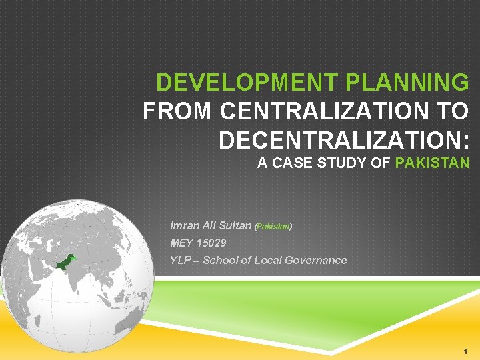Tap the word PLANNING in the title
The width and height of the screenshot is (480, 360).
[x=407, y=83]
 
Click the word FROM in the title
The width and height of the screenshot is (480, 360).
[x=178, y=111]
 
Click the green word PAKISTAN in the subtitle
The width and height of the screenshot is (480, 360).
[x=432, y=163]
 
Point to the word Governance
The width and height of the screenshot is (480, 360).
[x=315, y=260]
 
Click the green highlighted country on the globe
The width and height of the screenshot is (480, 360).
[x=65, y=261]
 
